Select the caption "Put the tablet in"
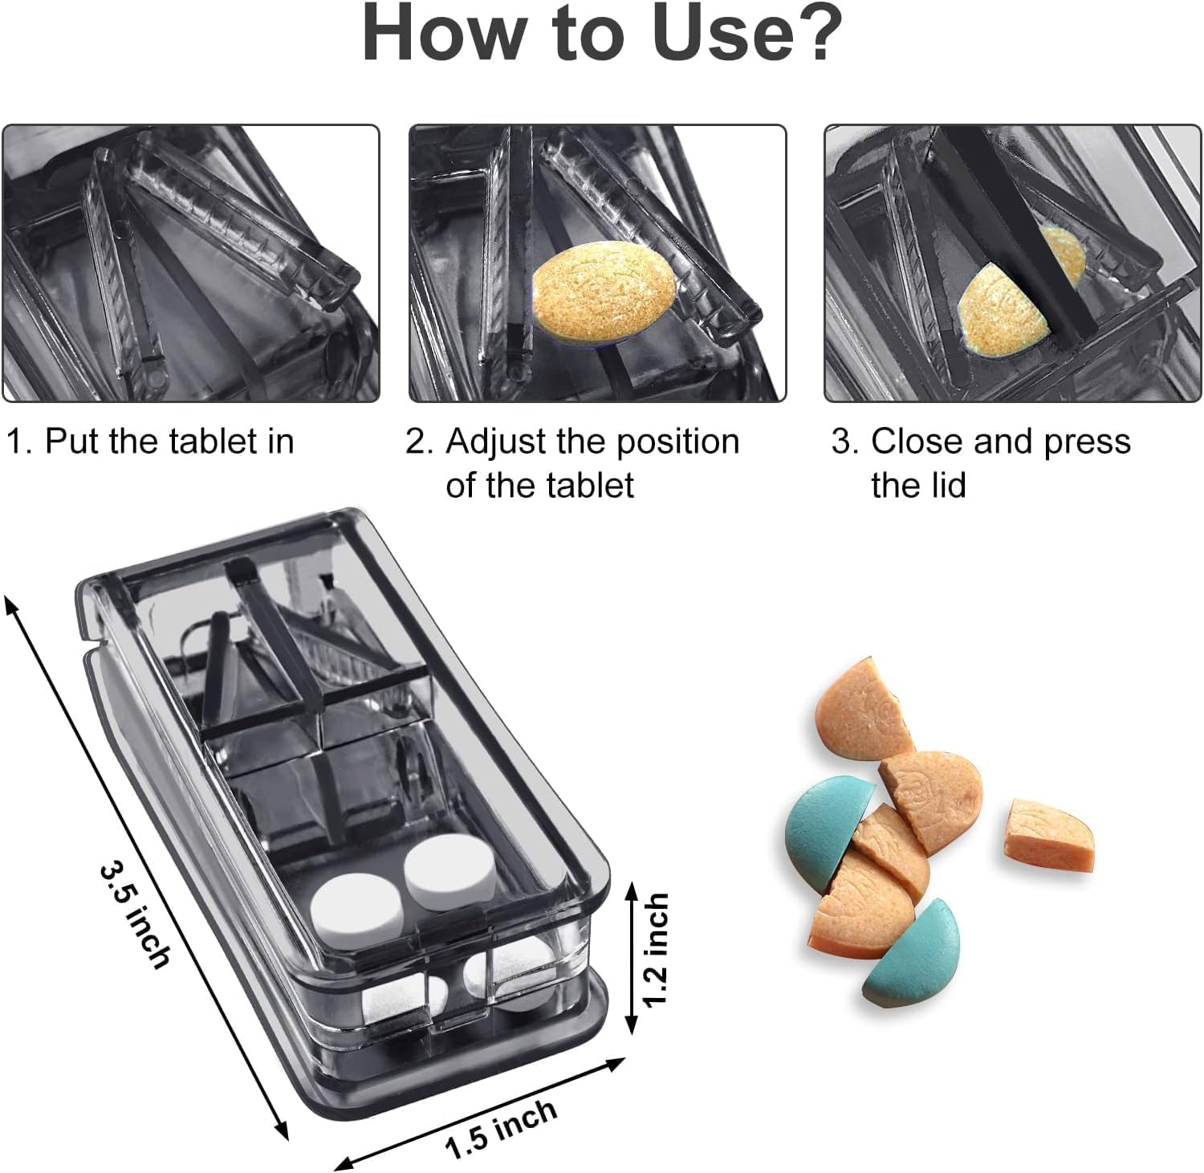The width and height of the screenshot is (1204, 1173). pos(169,442)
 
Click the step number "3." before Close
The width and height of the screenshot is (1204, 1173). pos(846,442)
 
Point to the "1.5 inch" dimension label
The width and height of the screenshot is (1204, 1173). pos(502,1128)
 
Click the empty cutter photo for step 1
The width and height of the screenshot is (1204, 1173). pos(190,263)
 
